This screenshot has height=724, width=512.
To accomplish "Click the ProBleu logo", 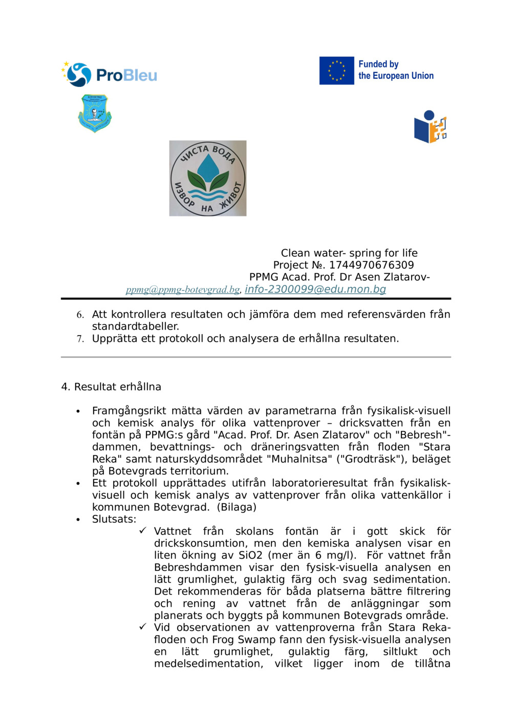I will pos(109,75).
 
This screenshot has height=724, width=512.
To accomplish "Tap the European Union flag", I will pos(336,71).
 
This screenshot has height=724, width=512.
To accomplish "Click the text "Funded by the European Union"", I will pos(395,70).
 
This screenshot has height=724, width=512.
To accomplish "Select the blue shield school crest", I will pos(95,113).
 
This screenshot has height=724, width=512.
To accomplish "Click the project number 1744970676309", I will pos(371,265).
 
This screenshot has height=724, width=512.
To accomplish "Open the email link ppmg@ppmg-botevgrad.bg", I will pos(183,290).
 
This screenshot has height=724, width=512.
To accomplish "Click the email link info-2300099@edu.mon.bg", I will pos(315,289).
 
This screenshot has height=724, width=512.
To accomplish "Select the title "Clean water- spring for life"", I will pos(349,253).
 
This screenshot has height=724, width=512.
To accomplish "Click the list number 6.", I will pos(80,315).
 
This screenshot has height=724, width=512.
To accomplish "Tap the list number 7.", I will pos(80,339).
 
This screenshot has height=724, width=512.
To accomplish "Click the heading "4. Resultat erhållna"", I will pos(111,387).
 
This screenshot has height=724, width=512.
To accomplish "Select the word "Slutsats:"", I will pos(114,519).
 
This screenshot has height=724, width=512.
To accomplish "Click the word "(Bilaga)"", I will pos(237,507).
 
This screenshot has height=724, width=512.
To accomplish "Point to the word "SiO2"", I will pos(250,555).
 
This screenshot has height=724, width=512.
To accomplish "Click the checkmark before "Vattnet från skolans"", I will pos(143,531).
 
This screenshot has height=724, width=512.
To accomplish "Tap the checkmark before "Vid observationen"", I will pos(143,627).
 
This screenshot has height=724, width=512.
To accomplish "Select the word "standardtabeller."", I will pos(136,326).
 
